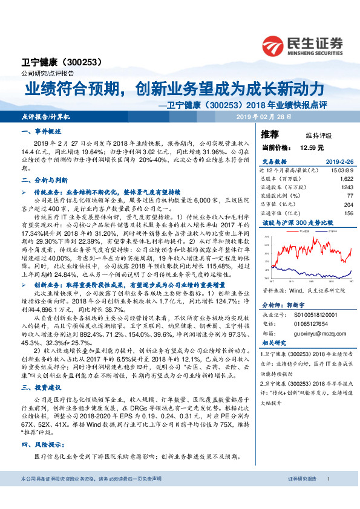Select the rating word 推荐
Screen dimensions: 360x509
pos(270,134)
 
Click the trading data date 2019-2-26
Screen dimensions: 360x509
pos(336,162)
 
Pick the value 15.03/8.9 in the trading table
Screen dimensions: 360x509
pos(339,170)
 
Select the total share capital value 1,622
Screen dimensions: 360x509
pos(345,179)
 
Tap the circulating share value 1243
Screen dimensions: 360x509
pos(346,187)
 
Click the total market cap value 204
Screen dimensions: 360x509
pos(348,204)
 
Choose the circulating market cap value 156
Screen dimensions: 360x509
pos(348,213)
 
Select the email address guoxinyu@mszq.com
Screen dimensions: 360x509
pos(312,332)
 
